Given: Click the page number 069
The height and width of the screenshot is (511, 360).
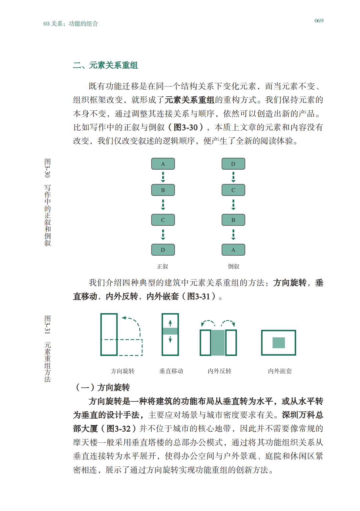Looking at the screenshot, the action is tap(319, 21).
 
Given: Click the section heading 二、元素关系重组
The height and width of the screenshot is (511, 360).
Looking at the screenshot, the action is tap(105, 65).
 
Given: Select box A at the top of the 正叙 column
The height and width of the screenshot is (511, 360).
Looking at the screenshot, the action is tap(163, 164).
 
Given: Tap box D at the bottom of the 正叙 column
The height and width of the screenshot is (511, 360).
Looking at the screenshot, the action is tap(163, 250).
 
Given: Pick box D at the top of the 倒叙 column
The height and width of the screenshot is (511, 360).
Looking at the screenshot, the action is tap(233, 164).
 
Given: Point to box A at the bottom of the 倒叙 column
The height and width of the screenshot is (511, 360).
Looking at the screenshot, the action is tap(233, 250).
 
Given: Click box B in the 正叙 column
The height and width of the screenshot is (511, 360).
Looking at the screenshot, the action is tap(163, 190).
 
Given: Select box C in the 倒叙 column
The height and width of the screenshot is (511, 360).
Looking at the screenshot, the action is tap(233, 190).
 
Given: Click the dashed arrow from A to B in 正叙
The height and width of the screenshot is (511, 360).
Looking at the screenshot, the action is tap(163, 177).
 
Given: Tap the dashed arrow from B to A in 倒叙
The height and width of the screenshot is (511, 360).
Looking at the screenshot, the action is tap(233, 235).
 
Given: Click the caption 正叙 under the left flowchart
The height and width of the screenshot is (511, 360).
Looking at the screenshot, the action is tap(162, 266).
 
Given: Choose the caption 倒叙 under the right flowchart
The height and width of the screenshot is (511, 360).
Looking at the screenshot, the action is tap(233, 266).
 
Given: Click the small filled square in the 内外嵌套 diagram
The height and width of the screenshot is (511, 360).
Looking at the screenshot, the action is tap(279, 343).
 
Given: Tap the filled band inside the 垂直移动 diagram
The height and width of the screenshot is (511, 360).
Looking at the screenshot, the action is tap(170, 331).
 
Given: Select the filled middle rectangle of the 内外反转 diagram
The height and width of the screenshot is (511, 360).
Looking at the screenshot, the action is tap(218, 343).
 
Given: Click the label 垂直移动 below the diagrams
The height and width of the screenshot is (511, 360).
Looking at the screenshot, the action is tap(171, 371).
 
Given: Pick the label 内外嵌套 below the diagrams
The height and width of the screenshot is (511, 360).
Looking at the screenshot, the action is tap(280, 371).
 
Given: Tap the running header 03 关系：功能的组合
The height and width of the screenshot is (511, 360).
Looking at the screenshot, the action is tap(70, 23).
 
